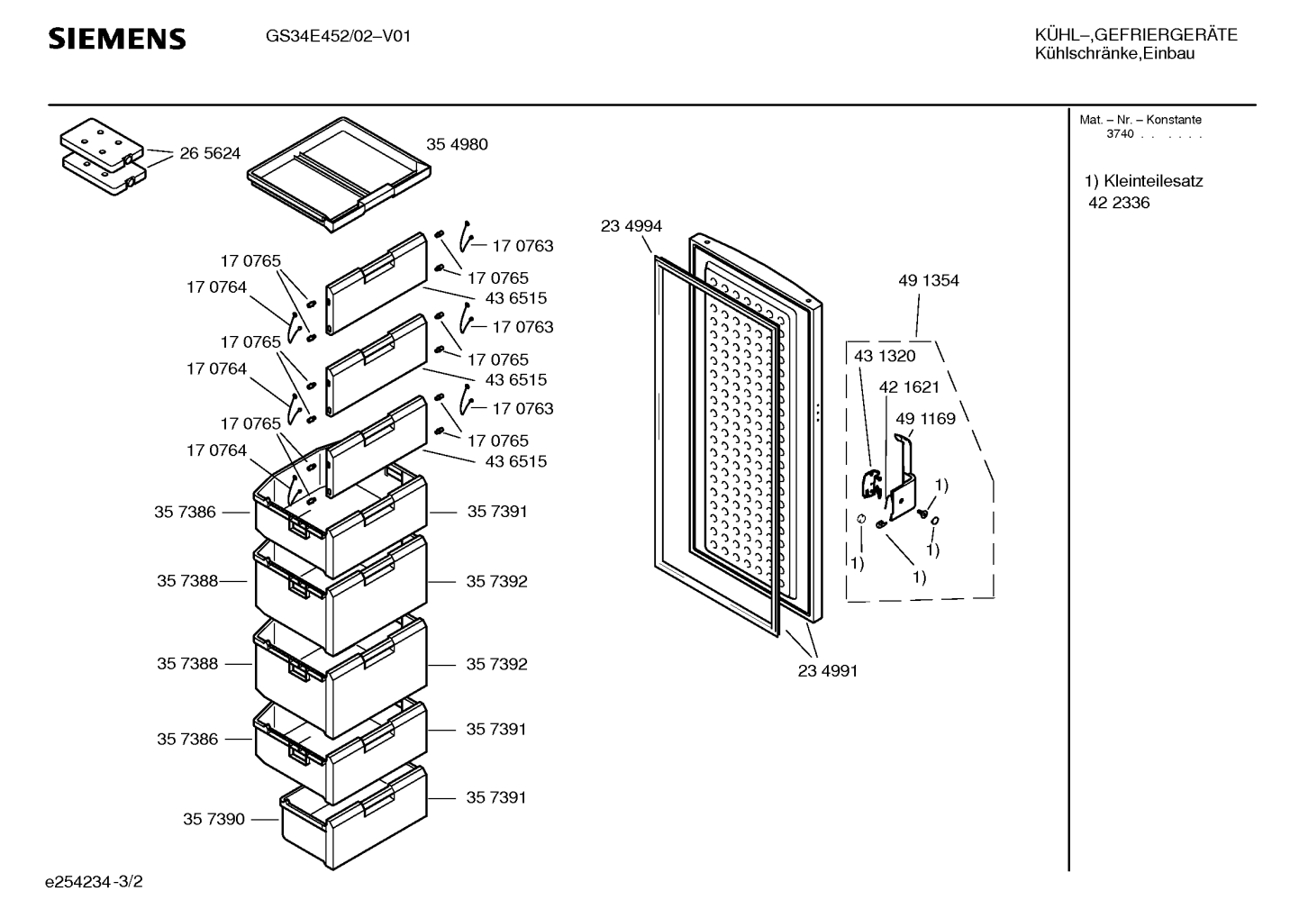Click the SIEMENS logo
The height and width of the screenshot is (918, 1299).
117,39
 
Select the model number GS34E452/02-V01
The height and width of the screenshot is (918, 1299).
338,36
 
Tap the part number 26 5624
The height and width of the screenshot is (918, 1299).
210,153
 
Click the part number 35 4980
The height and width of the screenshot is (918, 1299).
457,144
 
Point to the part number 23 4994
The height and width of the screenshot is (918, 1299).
631,225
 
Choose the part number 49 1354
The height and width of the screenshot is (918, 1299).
929,281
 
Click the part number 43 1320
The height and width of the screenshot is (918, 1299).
885,356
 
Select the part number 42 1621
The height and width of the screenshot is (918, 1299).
909,386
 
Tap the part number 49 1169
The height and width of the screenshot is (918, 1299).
925,418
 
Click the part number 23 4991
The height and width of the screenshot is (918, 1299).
828,670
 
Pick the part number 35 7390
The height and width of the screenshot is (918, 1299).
214,819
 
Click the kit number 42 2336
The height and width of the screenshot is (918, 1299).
1119,203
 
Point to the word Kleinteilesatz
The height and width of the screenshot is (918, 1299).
1153,181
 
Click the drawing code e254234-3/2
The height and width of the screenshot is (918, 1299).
94,882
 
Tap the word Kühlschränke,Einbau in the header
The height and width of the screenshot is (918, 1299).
1114,53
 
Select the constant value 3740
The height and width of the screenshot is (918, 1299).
1119,134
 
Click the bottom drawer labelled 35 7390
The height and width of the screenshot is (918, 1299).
354,818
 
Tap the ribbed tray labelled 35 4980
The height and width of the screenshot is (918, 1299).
340,174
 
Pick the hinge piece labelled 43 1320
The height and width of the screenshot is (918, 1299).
872,485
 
